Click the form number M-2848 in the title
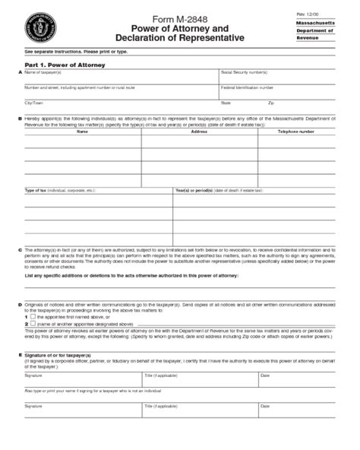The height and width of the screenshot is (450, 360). click(x=179, y=17)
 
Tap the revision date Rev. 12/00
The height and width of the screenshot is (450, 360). click(x=307, y=14)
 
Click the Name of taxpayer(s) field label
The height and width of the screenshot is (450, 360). click(x=43, y=72)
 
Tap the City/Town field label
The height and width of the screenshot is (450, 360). click(x=34, y=102)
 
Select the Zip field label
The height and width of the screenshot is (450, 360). click(x=271, y=102)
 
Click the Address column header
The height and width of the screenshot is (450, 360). click(x=199, y=132)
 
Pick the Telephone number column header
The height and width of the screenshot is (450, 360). click(x=296, y=132)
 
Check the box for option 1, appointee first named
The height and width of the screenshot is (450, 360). click(x=33, y=315)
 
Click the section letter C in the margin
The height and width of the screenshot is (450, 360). click(x=20, y=249)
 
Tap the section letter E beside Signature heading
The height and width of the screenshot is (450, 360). click(x=20, y=354)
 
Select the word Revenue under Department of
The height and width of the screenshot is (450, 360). click(x=308, y=36)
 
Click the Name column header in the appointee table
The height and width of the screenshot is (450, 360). click(x=82, y=132)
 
